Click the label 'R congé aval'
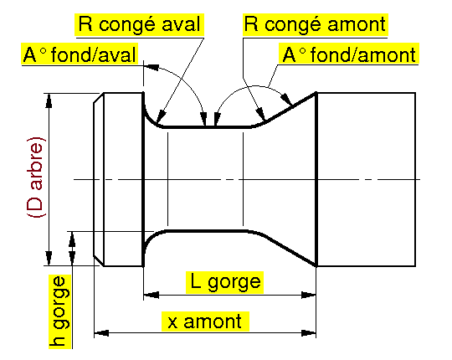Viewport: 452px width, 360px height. tap(140, 24)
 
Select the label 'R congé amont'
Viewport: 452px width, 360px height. tap(315, 24)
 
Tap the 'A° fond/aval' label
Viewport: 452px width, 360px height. tap(80, 54)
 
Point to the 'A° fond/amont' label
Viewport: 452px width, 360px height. tap(349, 54)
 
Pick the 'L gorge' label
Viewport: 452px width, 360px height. tap(225, 282)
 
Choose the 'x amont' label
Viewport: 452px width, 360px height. tap(204, 321)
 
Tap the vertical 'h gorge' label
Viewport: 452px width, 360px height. tap(60, 311)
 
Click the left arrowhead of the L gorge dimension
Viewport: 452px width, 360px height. tap(151, 295)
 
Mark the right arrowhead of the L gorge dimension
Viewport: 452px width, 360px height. tap(308, 295)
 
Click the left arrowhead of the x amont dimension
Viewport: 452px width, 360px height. tap(101, 333)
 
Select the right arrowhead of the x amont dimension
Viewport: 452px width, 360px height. tap(308, 333)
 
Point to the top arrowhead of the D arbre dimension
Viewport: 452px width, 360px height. tap(49, 100)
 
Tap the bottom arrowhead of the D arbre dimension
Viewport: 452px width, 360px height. tap(49, 258)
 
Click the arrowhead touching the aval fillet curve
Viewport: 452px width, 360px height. tap(161, 117)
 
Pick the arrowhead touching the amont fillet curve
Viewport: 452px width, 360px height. tap(261, 114)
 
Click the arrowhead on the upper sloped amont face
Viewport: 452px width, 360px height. tap(287, 98)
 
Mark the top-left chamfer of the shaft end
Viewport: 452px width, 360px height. tap(99, 98)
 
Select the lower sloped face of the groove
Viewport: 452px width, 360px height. tap(289, 249)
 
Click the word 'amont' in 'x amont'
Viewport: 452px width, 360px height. tap(213, 321)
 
